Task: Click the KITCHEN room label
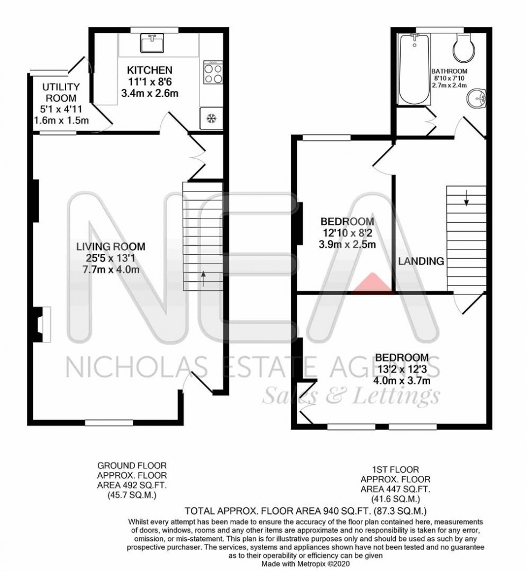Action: (x=149, y=70)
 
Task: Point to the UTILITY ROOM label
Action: (x=61, y=92)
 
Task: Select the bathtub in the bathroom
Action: (x=414, y=69)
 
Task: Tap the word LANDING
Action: (x=422, y=261)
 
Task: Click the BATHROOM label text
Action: (x=449, y=71)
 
